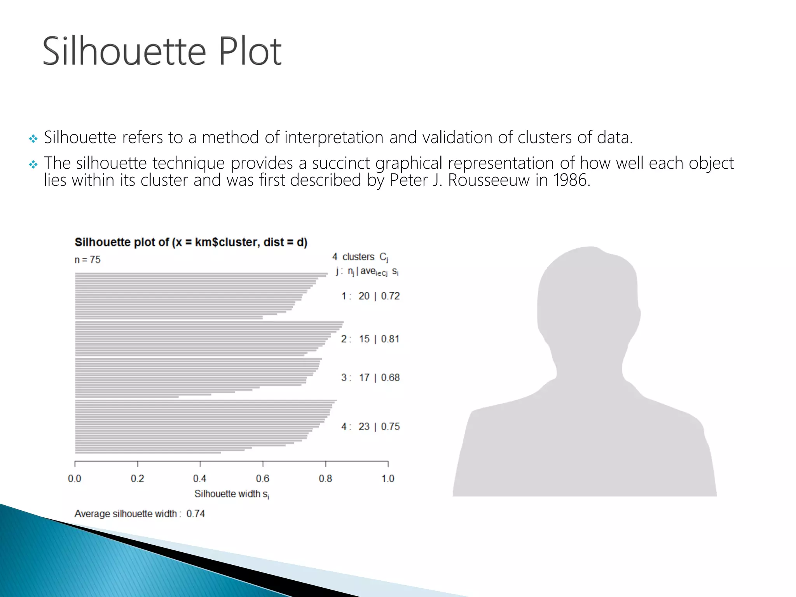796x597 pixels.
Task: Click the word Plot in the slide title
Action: [x=250, y=51]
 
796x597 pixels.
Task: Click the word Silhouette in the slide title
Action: [x=124, y=51]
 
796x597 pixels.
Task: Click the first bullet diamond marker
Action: [x=33, y=139]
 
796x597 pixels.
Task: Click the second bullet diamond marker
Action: [x=33, y=165]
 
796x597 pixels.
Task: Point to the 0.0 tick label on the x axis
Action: [x=75, y=479]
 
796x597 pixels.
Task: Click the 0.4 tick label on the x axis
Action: [x=200, y=479]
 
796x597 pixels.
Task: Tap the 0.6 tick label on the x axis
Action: [x=263, y=479]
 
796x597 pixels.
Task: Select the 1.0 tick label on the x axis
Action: [x=388, y=479]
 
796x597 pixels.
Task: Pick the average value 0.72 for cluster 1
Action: [x=390, y=296]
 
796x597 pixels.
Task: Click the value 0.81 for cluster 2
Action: [x=390, y=339]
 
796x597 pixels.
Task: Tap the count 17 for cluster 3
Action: [x=364, y=378]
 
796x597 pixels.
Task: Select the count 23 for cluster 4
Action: [x=364, y=427]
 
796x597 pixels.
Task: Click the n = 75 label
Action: [x=87, y=260]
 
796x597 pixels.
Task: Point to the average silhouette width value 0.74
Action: [x=196, y=514]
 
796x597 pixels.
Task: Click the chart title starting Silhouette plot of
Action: [x=191, y=243]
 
